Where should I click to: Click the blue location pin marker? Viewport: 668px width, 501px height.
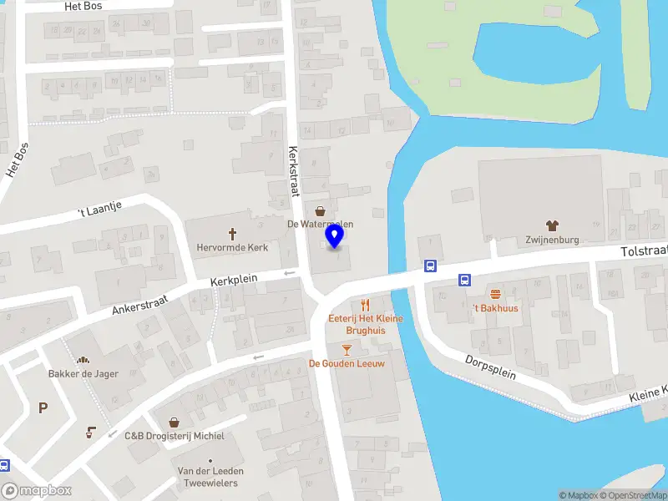[334, 236]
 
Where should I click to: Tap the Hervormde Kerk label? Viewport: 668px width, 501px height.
[231, 248]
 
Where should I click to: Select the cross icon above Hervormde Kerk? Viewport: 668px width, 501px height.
[231, 233]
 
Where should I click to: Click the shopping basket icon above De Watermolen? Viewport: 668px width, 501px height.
[320, 211]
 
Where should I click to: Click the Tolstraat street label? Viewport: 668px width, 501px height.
[644, 250]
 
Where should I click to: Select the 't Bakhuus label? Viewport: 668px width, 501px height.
[496, 308]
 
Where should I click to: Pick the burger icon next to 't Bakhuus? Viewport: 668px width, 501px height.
[496, 294]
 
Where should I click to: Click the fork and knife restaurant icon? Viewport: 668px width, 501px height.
[365, 305]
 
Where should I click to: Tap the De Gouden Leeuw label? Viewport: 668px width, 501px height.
[347, 363]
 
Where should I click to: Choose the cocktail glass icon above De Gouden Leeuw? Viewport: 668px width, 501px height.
[347, 348]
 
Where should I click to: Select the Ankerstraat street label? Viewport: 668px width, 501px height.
[138, 301]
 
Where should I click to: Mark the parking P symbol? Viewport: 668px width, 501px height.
[43, 407]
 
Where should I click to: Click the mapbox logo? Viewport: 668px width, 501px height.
[37, 491]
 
